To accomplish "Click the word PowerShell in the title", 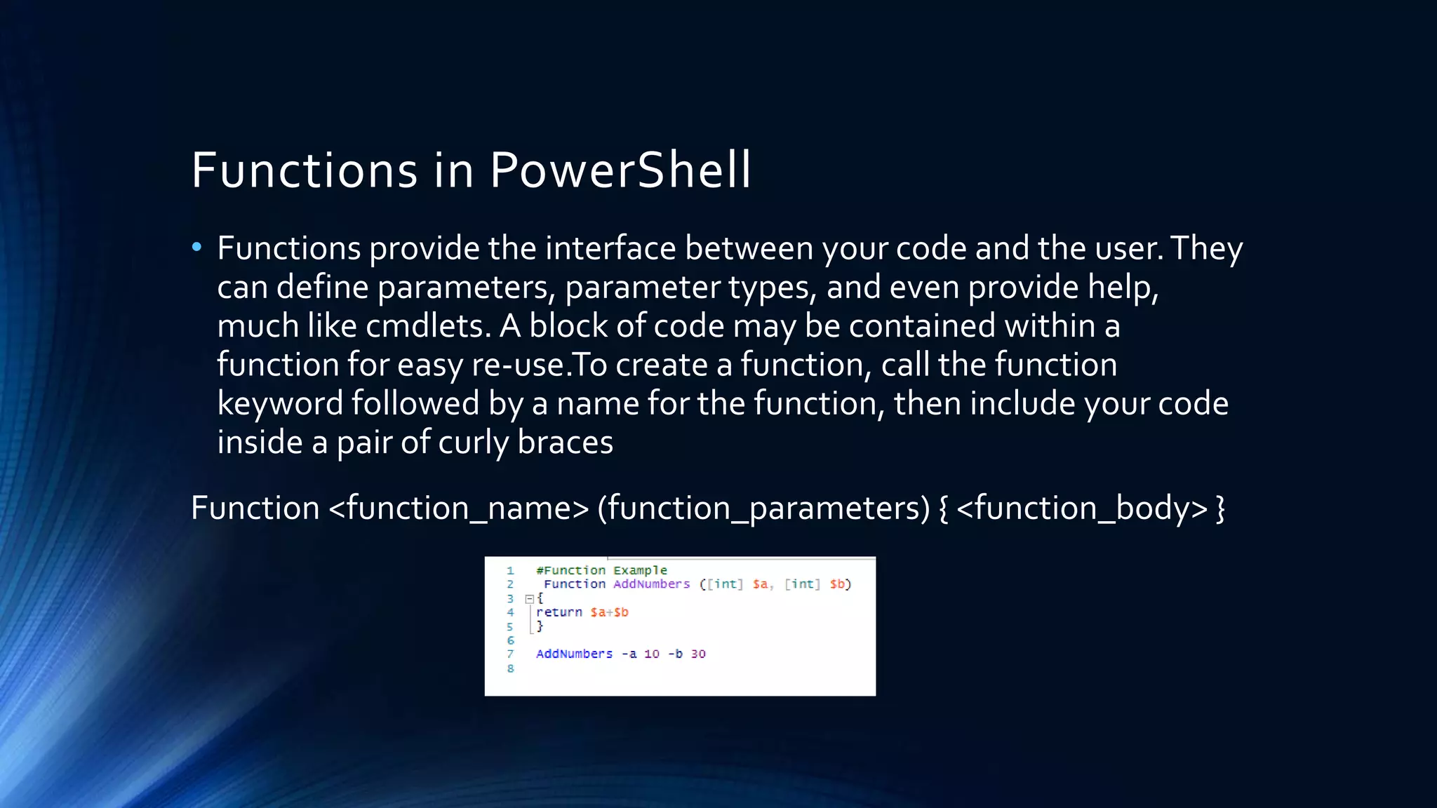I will click(x=620, y=170).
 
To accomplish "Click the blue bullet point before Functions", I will click(x=196, y=247).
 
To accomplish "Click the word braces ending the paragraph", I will click(x=565, y=443).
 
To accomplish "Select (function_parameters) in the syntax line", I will click(x=763, y=508).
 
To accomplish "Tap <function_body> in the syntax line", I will click(x=1081, y=508).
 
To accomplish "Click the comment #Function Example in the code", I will click(x=601, y=570).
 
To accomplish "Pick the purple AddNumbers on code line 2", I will click(x=651, y=584).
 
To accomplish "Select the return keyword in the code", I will click(x=559, y=612).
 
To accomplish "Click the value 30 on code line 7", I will click(x=698, y=654).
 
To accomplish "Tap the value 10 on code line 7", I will click(x=652, y=654).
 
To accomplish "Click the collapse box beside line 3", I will click(x=530, y=599).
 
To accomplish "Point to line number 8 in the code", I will click(x=510, y=668).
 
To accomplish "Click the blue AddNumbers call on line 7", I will click(x=574, y=654).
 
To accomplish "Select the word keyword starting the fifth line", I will click(x=279, y=404).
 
